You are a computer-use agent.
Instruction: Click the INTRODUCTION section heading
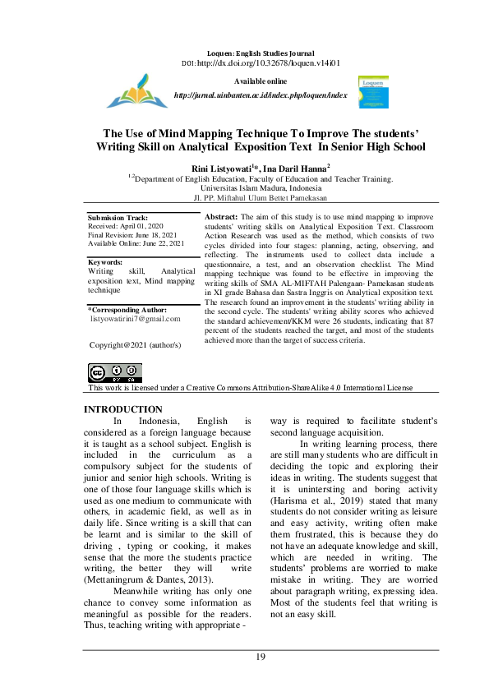[123, 409]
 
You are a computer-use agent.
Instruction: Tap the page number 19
[260, 656]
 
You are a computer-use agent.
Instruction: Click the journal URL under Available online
[261, 95]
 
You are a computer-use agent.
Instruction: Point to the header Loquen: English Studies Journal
[261, 53]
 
